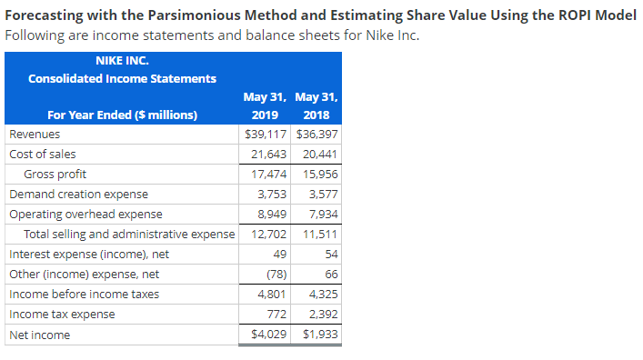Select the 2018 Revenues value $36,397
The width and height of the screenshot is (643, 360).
click(x=317, y=134)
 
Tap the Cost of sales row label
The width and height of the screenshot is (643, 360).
click(x=43, y=154)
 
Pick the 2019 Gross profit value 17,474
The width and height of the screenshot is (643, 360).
click(x=270, y=174)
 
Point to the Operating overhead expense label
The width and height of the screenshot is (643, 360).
click(x=85, y=214)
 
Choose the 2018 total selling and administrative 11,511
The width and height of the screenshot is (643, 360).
click(x=317, y=234)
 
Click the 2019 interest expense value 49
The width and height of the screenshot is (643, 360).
click(x=280, y=254)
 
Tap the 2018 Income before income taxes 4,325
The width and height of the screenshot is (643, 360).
click(x=320, y=294)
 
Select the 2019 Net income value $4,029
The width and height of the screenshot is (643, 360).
click(x=269, y=335)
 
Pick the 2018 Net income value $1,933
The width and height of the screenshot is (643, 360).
click(x=318, y=335)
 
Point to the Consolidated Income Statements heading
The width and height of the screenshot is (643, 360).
click(x=122, y=79)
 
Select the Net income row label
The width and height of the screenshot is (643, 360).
click(x=39, y=335)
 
